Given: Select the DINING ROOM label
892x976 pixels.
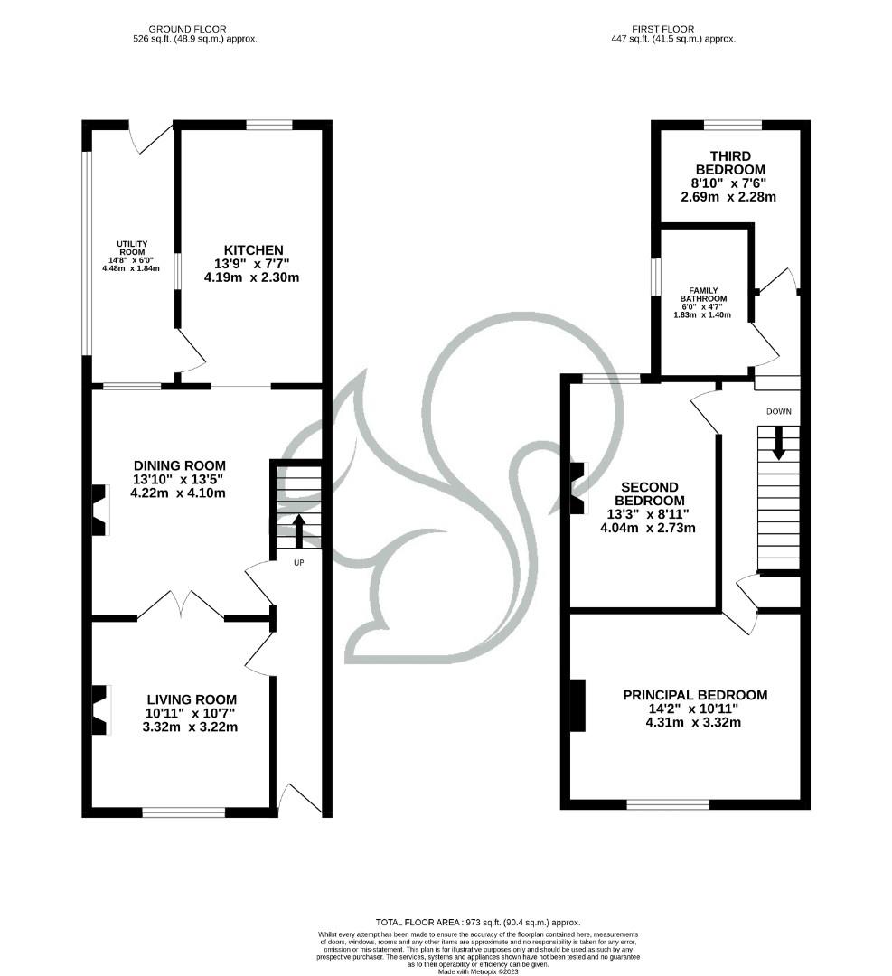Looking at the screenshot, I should pyautogui.click(x=177, y=465).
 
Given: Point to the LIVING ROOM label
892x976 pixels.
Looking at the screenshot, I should pyautogui.click(x=192, y=699).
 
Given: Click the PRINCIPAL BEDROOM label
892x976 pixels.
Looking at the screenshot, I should pyautogui.click(x=694, y=695).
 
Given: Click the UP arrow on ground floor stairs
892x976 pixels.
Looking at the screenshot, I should pyautogui.click(x=298, y=530).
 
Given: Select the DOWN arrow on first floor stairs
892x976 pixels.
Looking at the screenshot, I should pyautogui.click(x=777, y=443).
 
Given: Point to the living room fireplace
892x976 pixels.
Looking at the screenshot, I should pyautogui.click(x=100, y=709).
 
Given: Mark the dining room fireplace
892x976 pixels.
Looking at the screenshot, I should pyautogui.click(x=100, y=509).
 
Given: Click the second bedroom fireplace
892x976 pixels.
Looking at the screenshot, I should pyautogui.click(x=578, y=488).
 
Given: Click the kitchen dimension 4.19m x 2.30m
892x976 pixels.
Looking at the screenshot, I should pyautogui.click(x=251, y=277).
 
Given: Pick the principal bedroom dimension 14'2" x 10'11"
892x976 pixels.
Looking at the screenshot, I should pyautogui.click(x=694, y=709).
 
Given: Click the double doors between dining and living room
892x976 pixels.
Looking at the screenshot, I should pyautogui.click(x=181, y=605).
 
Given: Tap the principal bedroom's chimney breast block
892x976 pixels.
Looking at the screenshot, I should pyautogui.click(x=577, y=705).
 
